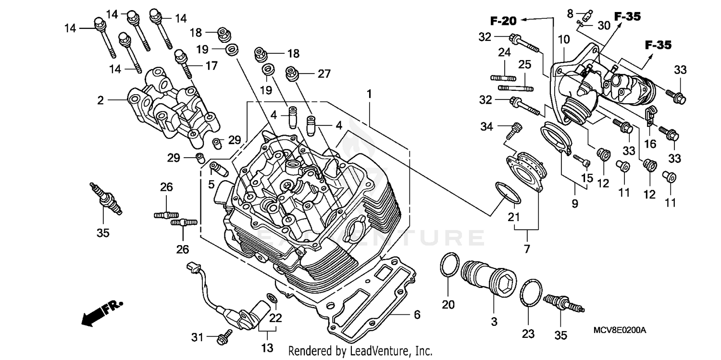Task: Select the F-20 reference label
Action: tap(503, 21)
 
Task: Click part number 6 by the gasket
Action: tap(417, 315)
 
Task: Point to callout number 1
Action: tap(369, 95)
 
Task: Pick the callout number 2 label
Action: tap(100, 100)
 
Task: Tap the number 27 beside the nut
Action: tap(324, 74)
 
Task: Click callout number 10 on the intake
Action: tap(563, 38)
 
